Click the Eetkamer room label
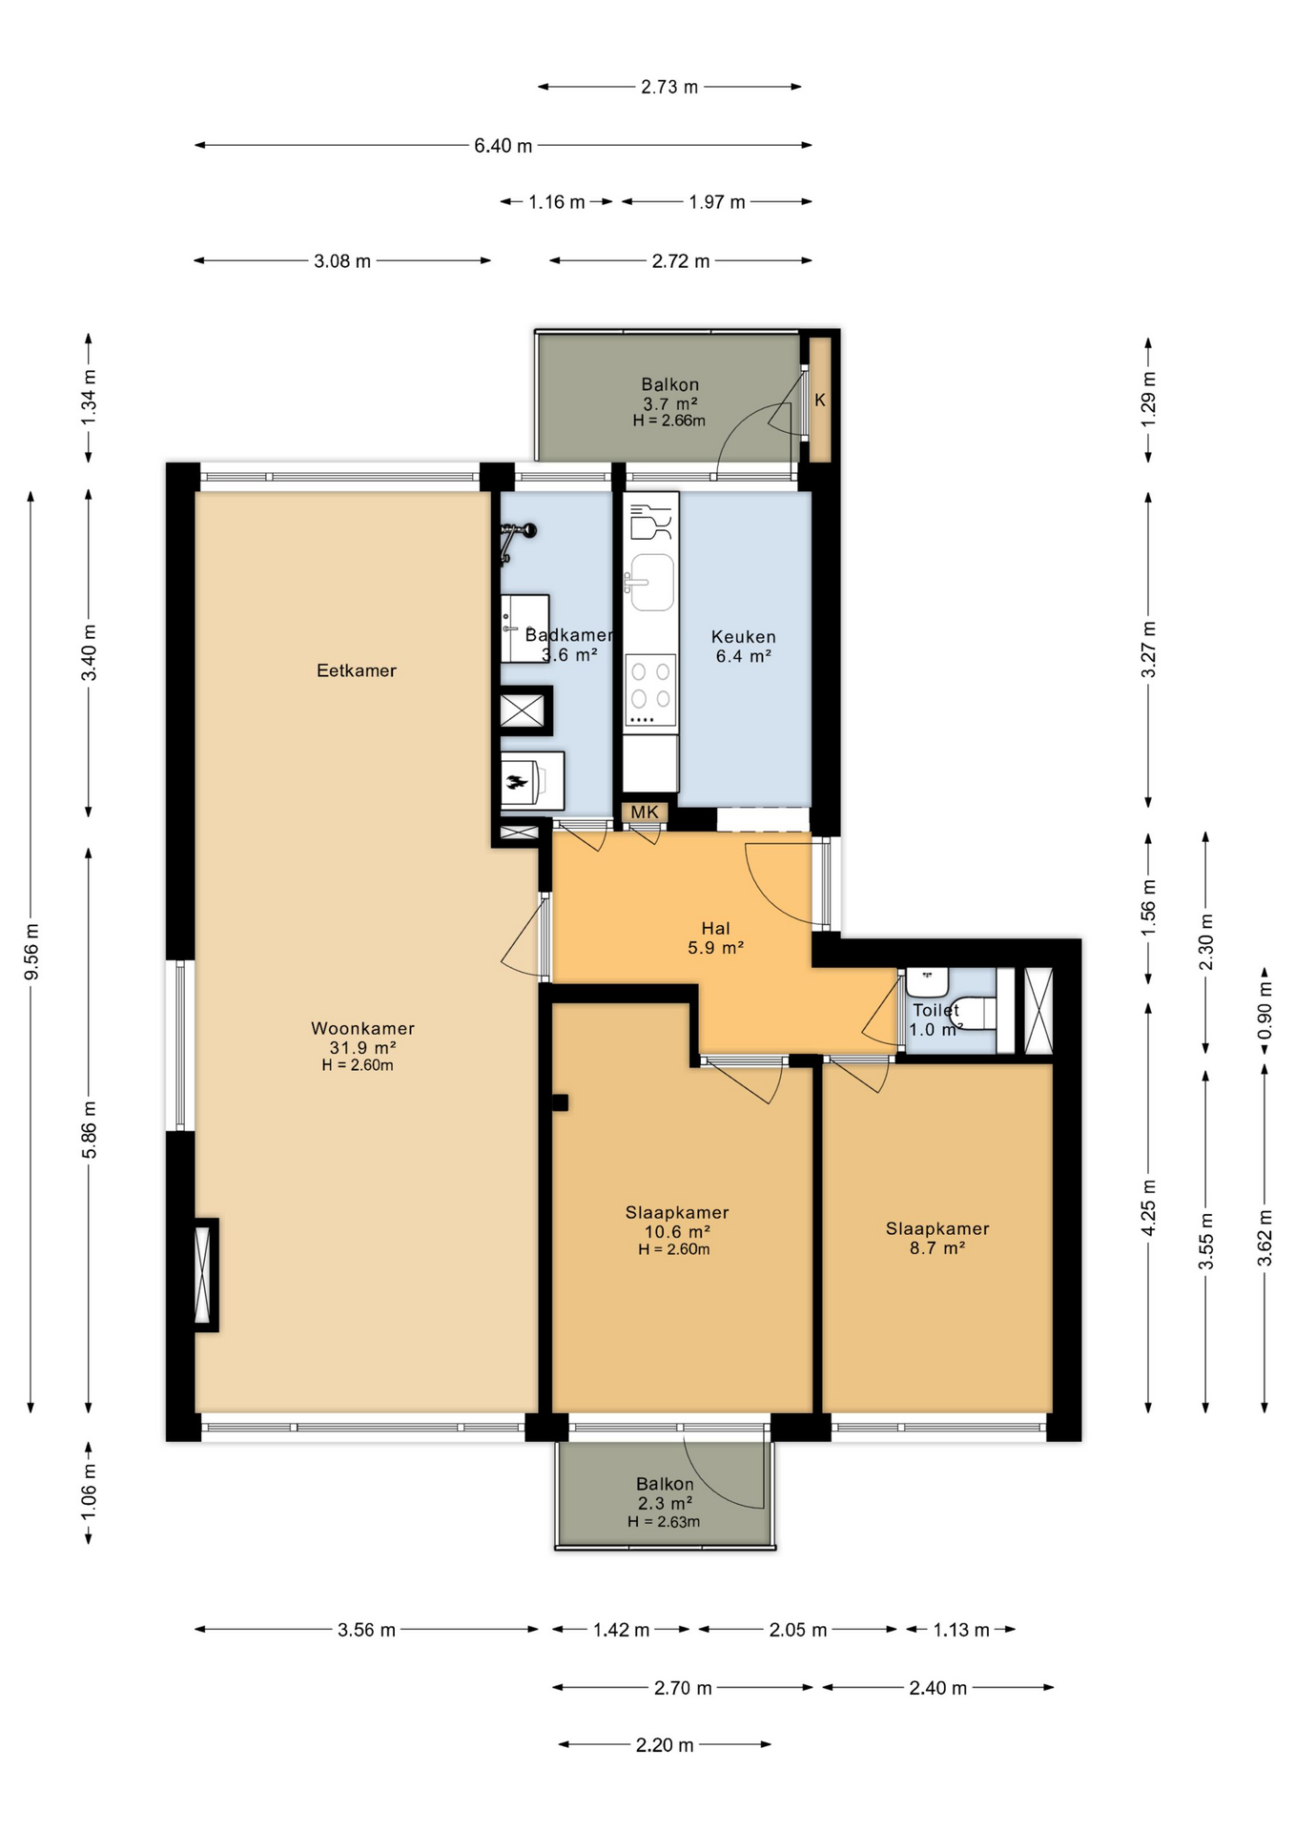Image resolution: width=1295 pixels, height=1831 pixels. [356, 670]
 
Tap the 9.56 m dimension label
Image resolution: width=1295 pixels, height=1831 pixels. [31, 951]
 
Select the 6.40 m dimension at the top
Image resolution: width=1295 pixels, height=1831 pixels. [503, 146]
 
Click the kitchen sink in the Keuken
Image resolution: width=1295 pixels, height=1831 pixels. [652, 582]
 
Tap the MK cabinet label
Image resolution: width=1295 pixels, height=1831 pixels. [645, 813]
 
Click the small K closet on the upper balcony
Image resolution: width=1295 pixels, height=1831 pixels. [820, 400]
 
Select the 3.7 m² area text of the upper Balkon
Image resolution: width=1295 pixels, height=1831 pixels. [669, 403]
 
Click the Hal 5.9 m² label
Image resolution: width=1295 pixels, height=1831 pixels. [715, 938]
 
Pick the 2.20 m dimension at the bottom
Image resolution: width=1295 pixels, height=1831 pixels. [665, 1745]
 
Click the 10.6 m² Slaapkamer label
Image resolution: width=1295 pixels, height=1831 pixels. [677, 1231]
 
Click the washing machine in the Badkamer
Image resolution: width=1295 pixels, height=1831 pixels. [532, 781]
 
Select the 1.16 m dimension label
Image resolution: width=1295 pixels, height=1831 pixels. [557, 202]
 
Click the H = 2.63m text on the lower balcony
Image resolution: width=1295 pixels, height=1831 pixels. [664, 1522]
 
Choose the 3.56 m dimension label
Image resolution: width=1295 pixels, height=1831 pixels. [366, 1630]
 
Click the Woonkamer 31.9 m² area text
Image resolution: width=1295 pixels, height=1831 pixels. [362, 1047]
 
